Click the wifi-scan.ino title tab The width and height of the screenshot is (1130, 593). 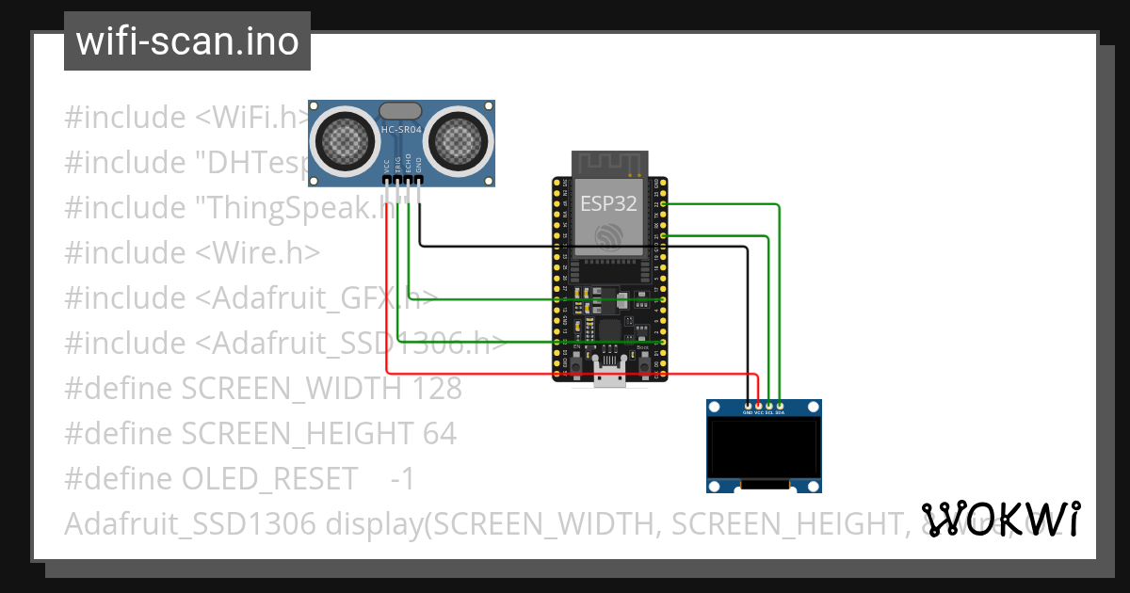coord(186,41)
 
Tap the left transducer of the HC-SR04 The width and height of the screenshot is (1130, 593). coord(346,141)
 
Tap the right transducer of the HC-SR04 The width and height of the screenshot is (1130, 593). coord(459,141)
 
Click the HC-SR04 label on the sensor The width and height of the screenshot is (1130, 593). coord(401,129)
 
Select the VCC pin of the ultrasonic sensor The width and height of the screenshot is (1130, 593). coord(386,179)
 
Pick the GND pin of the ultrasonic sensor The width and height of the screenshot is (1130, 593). coord(419,179)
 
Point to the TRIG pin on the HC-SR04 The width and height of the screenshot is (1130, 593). coord(397,179)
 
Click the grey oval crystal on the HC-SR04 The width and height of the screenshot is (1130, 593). coord(401,111)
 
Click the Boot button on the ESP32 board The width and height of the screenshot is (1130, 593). coord(643,359)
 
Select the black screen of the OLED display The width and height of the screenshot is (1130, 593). coord(764,449)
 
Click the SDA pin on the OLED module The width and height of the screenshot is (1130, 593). coord(780,406)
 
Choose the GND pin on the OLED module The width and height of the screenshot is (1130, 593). coord(748,406)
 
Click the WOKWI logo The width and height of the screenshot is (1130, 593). coord(1000,519)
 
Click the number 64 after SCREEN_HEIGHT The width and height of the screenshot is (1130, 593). coord(439,434)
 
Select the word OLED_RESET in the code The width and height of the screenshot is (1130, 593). coord(269,479)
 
